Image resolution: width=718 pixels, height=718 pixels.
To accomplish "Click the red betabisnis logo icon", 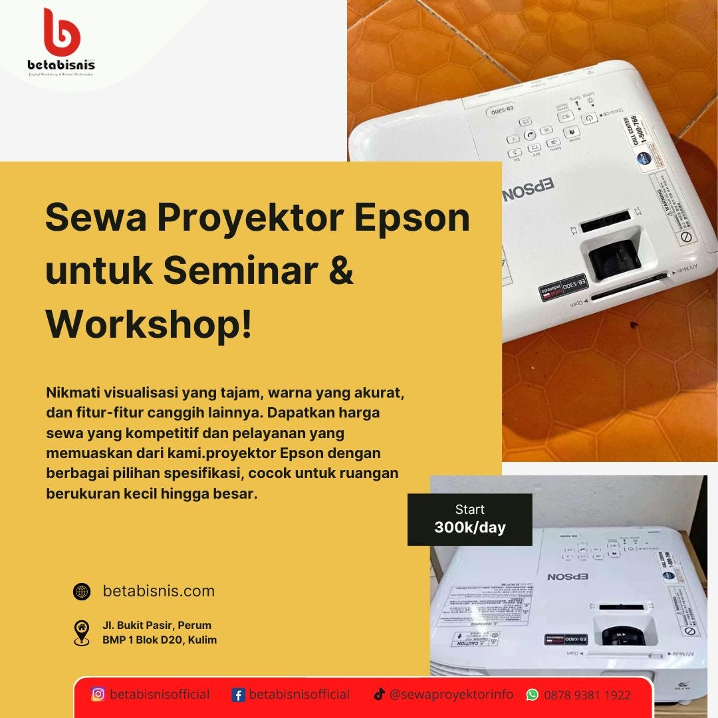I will click(61, 33).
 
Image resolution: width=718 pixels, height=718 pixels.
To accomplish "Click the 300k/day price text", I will click(470, 528).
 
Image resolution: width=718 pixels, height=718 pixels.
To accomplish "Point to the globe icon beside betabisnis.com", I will click(82, 591).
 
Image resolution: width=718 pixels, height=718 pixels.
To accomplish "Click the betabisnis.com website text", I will click(159, 591).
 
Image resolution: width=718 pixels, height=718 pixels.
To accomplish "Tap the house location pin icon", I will click(82, 632).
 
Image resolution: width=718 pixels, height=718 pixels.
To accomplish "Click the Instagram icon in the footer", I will click(98, 695).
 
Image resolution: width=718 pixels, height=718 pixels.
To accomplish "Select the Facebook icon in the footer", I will click(239, 695).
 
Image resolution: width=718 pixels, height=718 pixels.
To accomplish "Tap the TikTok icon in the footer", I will click(379, 695).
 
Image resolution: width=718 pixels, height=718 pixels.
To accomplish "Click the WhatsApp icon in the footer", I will click(533, 695).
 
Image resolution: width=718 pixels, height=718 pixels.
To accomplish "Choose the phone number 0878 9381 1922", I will click(588, 695).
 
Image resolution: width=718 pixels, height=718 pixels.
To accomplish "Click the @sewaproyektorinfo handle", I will click(451, 694).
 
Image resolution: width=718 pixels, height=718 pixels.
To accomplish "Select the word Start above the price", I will click(470, 510).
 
